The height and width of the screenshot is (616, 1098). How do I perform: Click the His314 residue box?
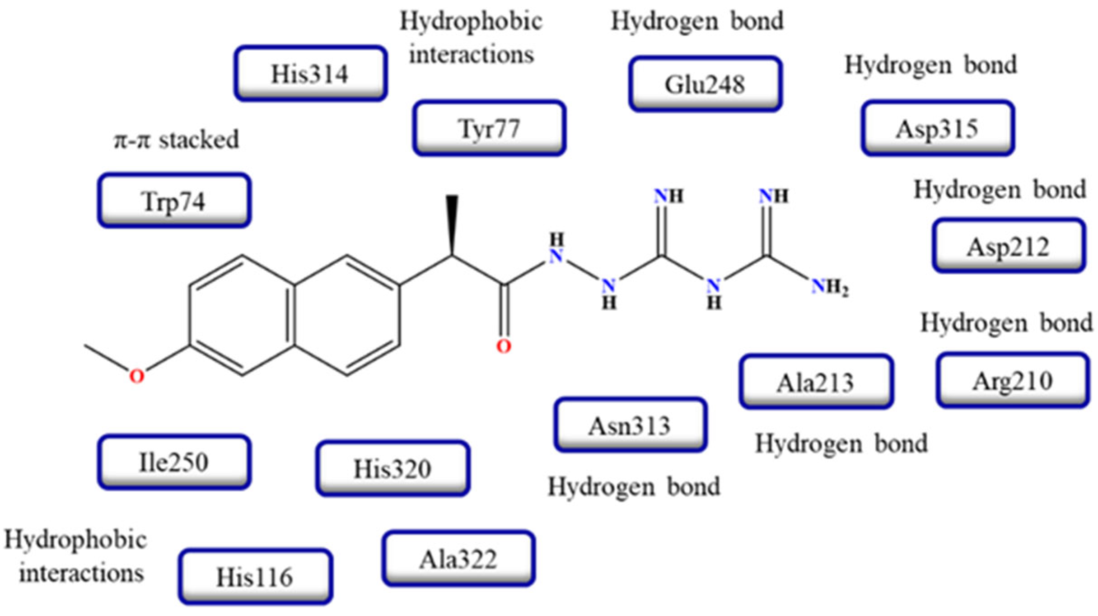pos(310,73)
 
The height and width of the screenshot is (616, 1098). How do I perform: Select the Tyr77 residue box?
pos(489,128)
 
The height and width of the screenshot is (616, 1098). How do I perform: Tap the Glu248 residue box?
pos(705,84)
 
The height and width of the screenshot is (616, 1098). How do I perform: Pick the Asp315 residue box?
pos(938,128)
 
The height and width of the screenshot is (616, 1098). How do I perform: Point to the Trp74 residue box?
pos(174,201)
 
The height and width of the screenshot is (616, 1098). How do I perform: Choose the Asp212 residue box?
pos(1009,246)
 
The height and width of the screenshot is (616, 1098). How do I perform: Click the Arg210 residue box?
pos(1012,380)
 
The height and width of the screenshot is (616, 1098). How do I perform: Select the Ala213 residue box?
pos(816,382)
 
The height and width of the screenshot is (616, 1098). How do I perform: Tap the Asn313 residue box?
pos(630,425)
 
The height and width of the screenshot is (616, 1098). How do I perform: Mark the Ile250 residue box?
pos(174,462)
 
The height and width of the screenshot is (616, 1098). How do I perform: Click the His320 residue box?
pos(392,468)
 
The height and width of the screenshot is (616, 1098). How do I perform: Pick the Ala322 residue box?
pos(458,559)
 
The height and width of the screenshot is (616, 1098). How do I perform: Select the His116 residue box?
pos(255,577)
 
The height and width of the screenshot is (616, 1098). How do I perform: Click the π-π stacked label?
pos(176,140)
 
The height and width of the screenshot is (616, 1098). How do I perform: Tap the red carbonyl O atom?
pos(504,346)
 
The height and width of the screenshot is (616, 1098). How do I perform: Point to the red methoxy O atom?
pos(137,376)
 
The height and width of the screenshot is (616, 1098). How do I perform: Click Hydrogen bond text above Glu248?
pos(697,21)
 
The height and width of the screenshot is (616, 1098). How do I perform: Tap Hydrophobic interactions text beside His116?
pos(76,556)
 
